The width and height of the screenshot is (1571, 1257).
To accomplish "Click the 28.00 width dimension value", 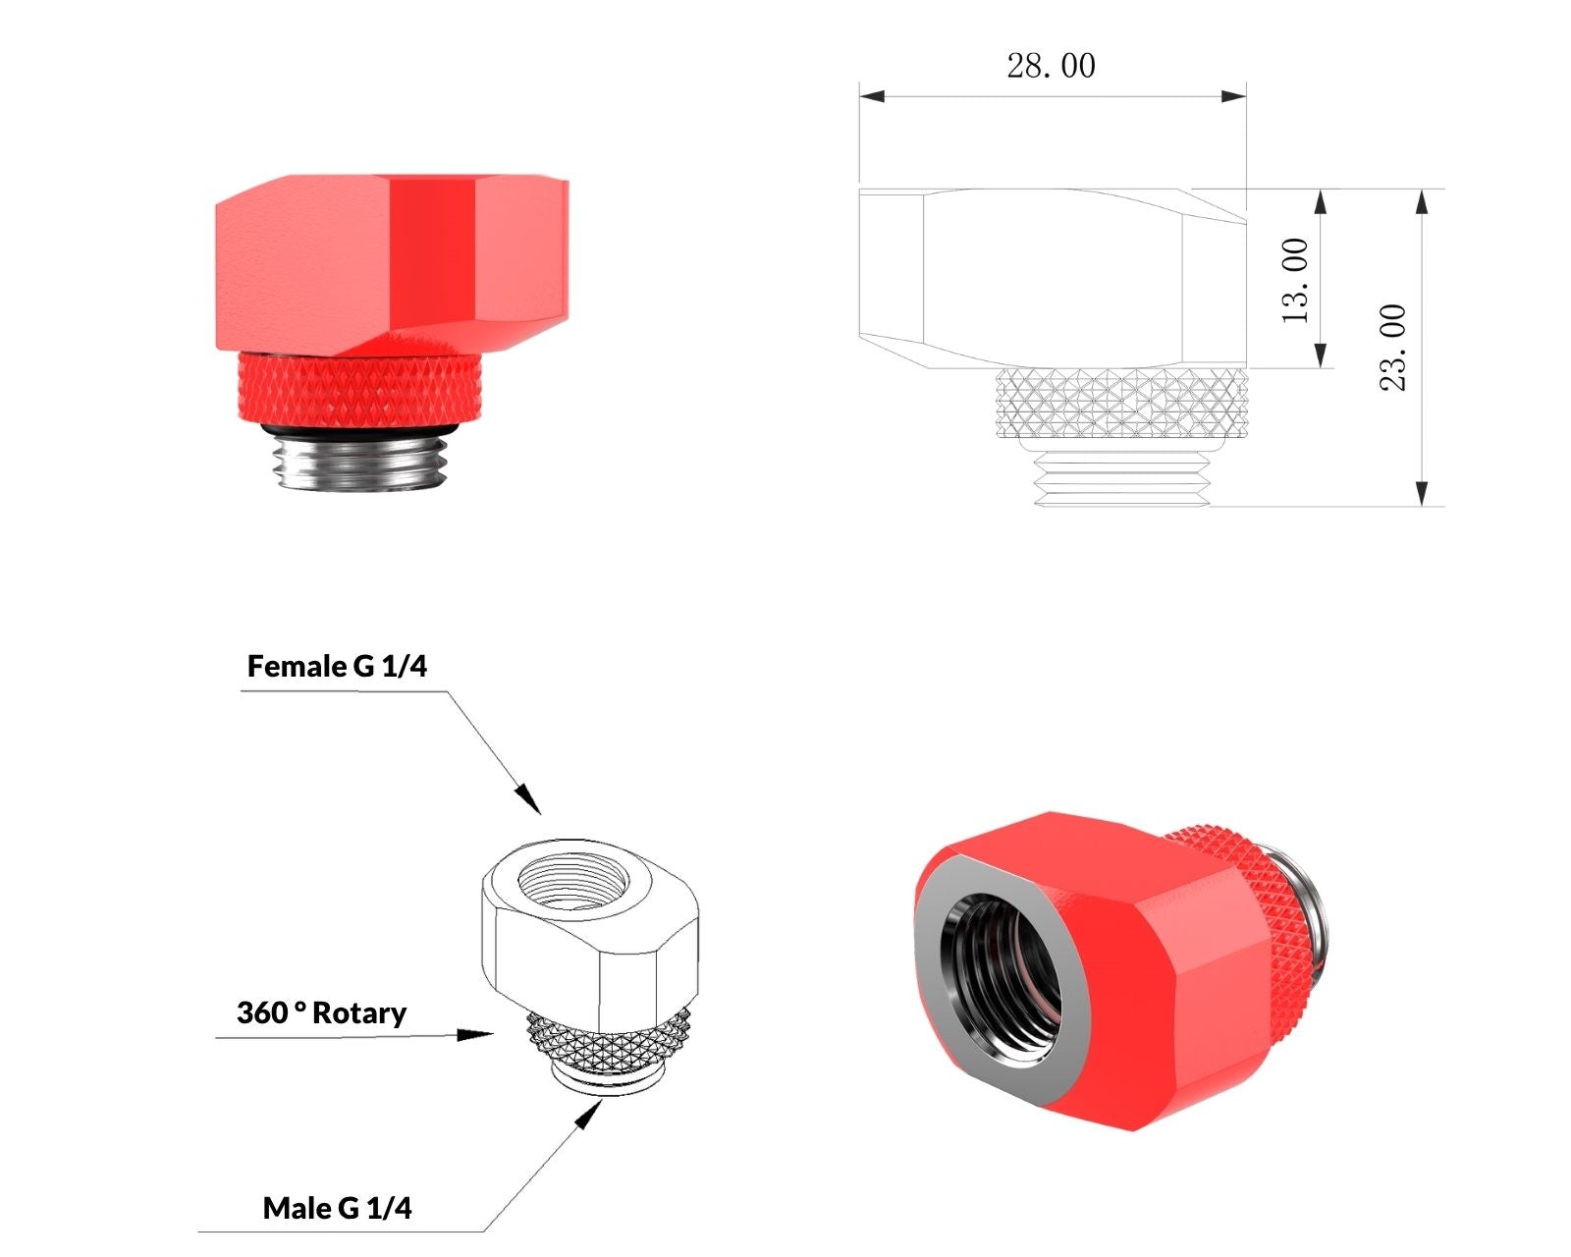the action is [x=1051, y=66].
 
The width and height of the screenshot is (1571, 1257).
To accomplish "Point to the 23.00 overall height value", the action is [x=1392, y=348].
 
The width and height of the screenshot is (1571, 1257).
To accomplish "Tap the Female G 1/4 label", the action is [x=337, y=666].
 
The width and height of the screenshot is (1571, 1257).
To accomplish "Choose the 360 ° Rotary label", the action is [x=321, y=1013].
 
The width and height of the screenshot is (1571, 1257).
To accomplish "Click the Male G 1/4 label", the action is [x=337, y=1208].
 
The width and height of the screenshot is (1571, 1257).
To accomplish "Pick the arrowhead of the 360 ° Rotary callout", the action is [x=475, y=1035].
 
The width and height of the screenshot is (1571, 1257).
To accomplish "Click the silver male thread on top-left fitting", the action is [x=360, y=462].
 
